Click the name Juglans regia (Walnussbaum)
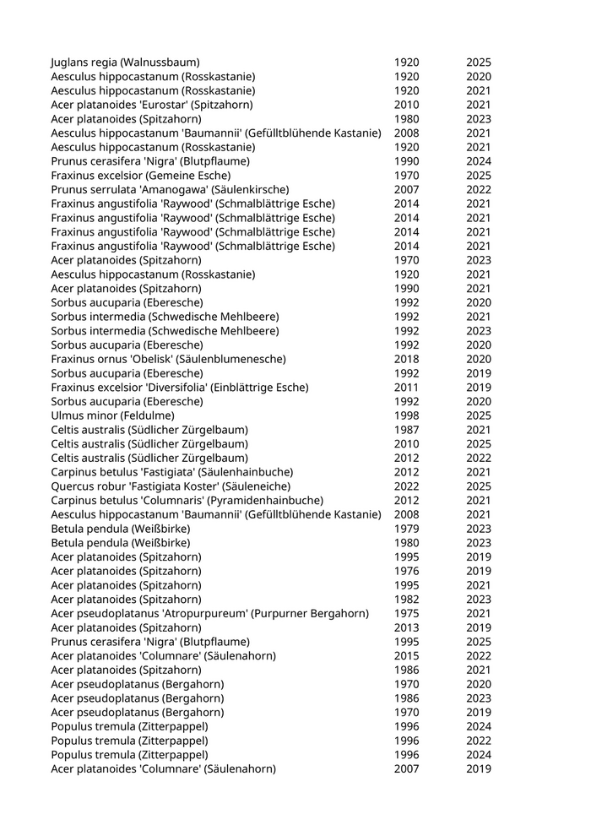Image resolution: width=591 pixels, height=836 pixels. click(x=125, y=62)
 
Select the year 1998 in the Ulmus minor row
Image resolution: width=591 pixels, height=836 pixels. click(x=406, y=415)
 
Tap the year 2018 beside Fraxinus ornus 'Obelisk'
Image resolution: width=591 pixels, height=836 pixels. click(x=406, y=359)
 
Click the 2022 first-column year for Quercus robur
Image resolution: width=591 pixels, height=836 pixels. click(x=406, y=486)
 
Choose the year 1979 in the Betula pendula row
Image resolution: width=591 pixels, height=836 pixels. click(x=406, y=529)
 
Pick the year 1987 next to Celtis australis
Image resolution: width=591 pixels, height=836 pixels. click(x=406, y=430)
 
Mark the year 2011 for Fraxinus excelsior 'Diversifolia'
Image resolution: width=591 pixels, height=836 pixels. click(x=406, y=388)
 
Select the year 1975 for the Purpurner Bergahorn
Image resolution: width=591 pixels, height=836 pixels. click(x=406, y=614)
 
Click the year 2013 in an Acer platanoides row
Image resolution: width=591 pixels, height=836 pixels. click(x=406, y=627)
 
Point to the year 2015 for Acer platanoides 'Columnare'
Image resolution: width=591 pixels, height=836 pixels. click(x=406, y=656)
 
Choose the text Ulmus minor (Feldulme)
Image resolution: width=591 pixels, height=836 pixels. click(x=112, y=415)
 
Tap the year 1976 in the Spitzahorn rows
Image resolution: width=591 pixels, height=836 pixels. click(x=406, y=572)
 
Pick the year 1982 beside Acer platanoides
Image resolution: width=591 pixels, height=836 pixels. click(x=406, y=600)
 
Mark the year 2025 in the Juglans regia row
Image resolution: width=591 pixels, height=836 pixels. click(x=478, y=62)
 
